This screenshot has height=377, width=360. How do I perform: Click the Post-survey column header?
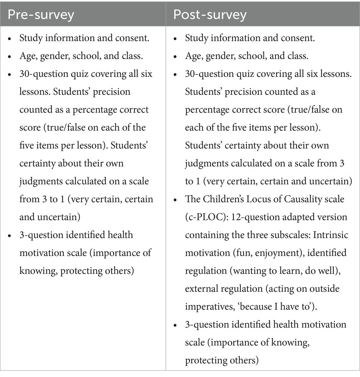(x=210, y=14)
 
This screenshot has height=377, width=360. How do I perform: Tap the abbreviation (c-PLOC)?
(x=202, y=217)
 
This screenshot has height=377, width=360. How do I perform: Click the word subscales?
(x=282, y=235)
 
